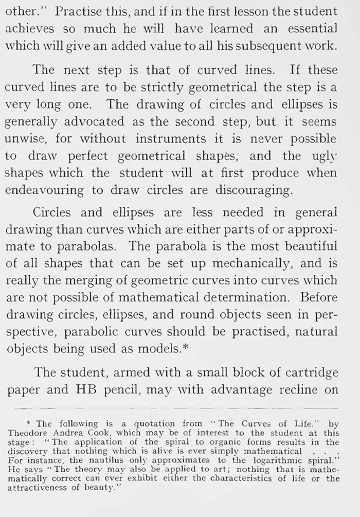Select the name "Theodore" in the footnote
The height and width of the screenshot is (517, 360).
(x=25, y=433)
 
